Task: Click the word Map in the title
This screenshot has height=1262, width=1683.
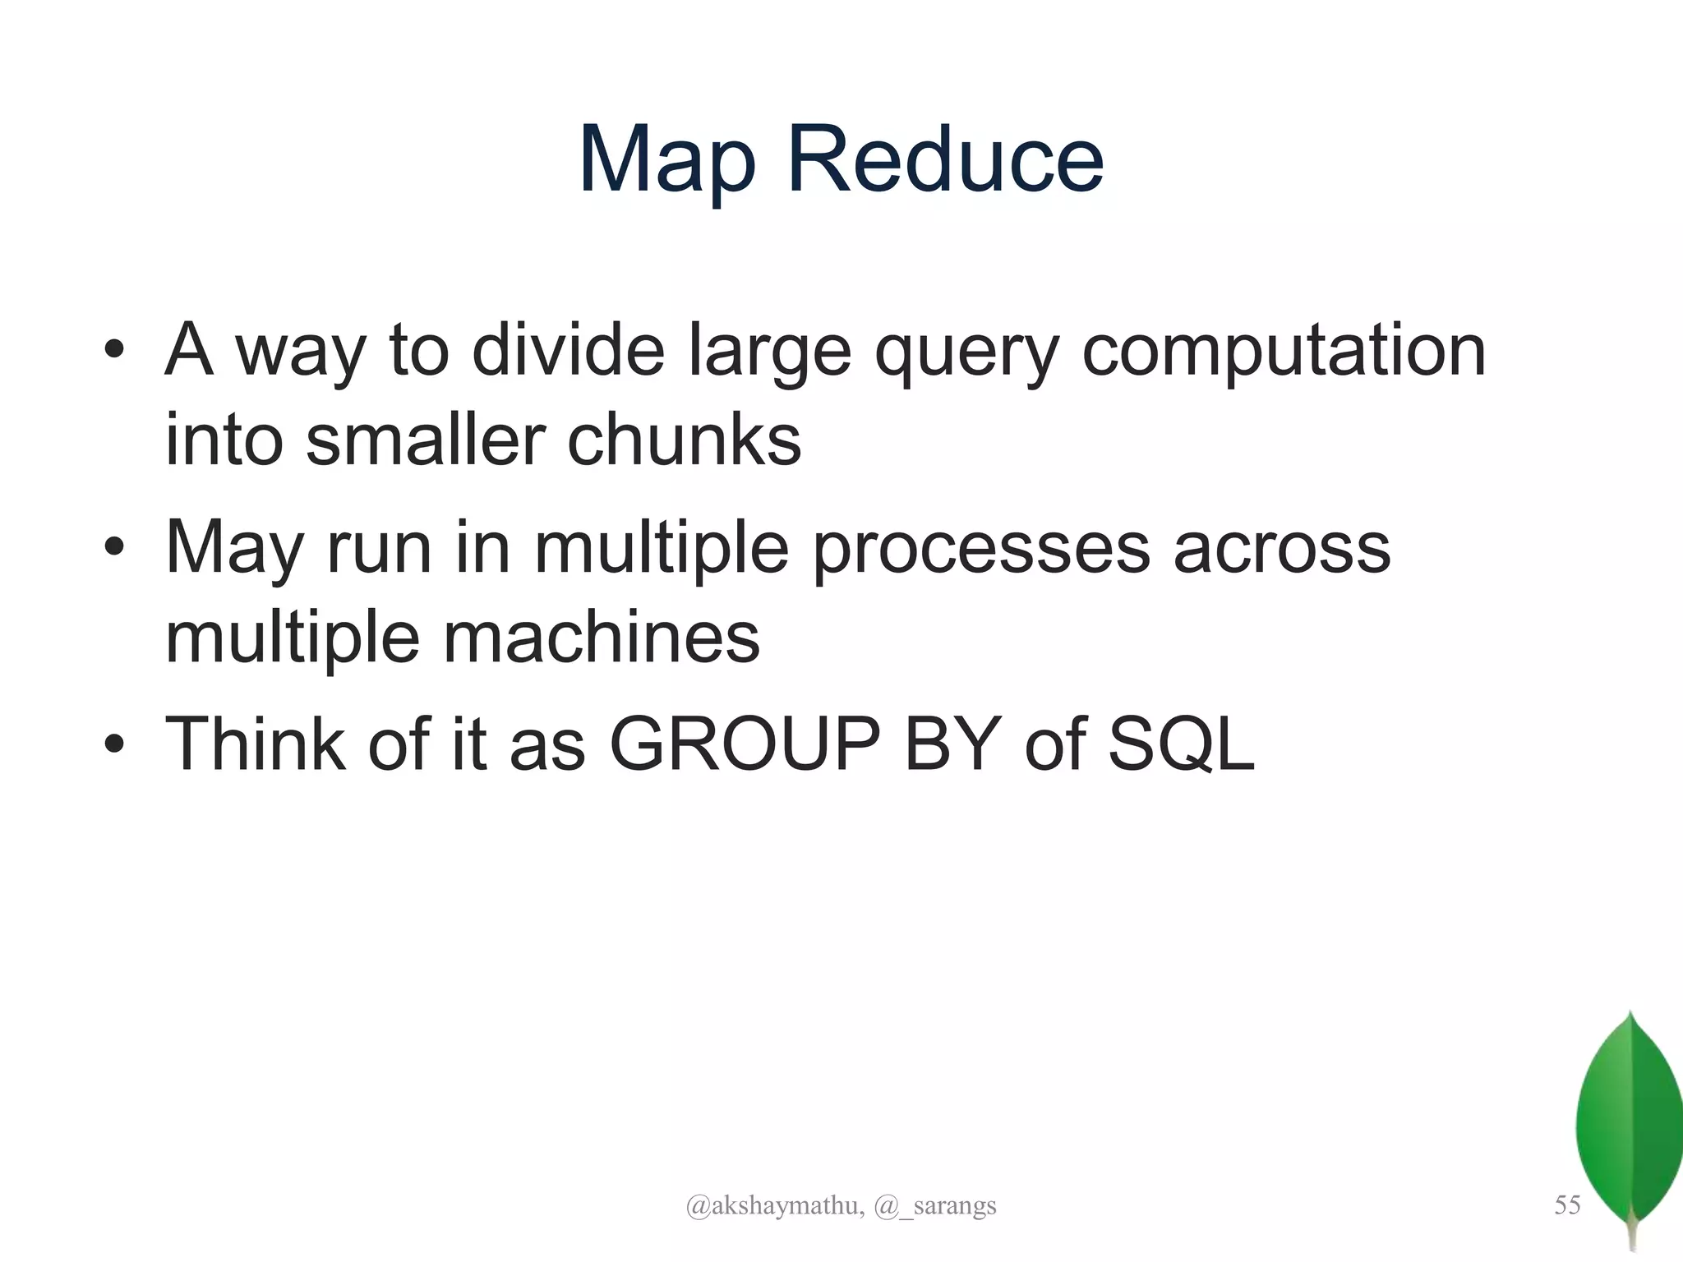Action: [x=666, y=160]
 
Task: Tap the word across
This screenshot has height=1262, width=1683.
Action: [x=1281, y=549]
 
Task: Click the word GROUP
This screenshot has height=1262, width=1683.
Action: [x=745, y=744]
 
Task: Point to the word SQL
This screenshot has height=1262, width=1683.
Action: [x=1181, y=746]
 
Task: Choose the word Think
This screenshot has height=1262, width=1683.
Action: [x=255, y=744]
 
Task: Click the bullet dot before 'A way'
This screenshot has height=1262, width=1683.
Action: [x=114, y=352]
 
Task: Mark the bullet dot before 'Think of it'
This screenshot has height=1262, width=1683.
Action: [x=114, y=744]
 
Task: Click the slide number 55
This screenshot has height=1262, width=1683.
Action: [x=1567, y=1205]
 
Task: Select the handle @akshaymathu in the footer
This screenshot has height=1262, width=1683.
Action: [x=774, y=1206]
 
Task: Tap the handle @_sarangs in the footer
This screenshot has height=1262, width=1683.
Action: [x=935, y=1206]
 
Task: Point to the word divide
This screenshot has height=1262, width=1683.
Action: [x=568, y=352]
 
